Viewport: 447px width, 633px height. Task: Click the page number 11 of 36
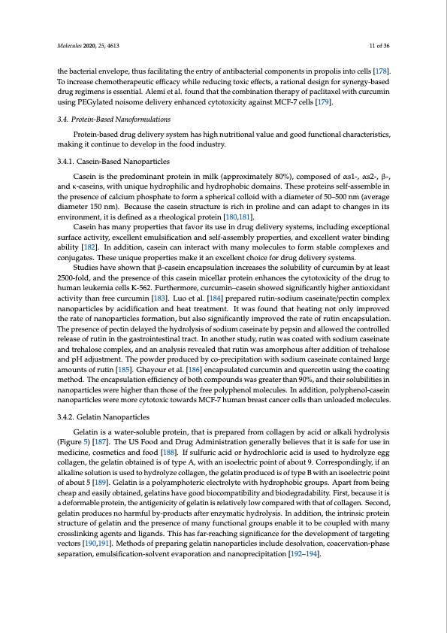tap(379, 46)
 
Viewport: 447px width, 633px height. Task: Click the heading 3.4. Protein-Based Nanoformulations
tap(112, 120)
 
